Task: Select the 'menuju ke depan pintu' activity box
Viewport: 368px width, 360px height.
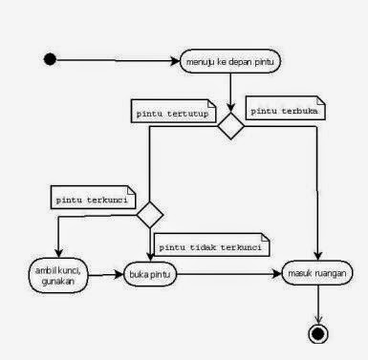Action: (x=230, y=63)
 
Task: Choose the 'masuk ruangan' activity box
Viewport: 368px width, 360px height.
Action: (x=314, y=276)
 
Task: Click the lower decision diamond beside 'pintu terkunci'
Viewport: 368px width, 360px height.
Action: (x=150, y=212)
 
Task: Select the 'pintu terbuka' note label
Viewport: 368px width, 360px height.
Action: (x=285, y=110)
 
